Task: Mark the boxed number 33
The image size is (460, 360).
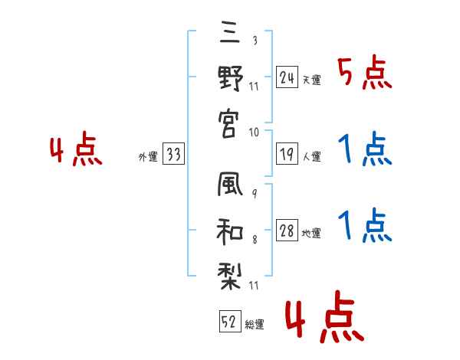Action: pos(172,154)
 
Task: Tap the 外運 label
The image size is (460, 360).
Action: pos(147,157)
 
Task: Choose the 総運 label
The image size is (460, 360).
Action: pos(255,326)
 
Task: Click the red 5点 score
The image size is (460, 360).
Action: pos(365,74)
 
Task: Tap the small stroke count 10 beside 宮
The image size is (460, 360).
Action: pos(255,132)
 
